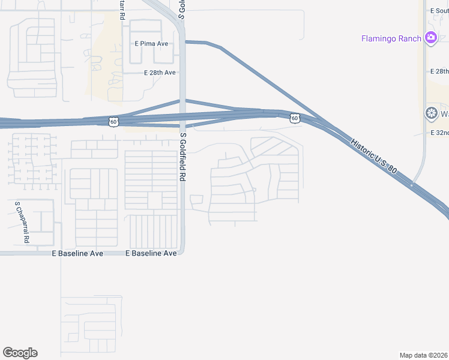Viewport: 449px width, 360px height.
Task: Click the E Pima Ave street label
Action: pos(151,44)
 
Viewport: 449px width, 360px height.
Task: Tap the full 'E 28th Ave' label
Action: pos(159,73)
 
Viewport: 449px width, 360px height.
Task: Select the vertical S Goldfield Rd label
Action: pos(183,158)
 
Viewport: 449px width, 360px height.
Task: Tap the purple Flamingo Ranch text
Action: pos(391,39)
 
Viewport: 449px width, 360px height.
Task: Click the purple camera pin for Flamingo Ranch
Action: pos(430,38)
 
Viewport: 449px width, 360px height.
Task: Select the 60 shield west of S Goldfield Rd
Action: pos(113,121)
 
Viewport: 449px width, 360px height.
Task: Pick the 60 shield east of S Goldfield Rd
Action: pos(294,118)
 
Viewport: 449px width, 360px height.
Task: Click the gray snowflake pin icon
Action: pos(431,113)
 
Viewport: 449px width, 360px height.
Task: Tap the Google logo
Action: pos(20,353)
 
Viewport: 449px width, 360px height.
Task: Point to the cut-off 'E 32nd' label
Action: pos(439,133)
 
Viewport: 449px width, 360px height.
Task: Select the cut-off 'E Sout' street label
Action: pos(439,11)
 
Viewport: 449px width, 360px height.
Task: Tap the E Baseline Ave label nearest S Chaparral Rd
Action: pos(78,253)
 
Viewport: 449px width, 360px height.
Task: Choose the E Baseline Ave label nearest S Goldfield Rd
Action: pos(151,253)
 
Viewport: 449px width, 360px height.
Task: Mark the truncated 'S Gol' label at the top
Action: pos(181,8)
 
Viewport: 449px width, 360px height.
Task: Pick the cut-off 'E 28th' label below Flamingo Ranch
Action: pos(439,71)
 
